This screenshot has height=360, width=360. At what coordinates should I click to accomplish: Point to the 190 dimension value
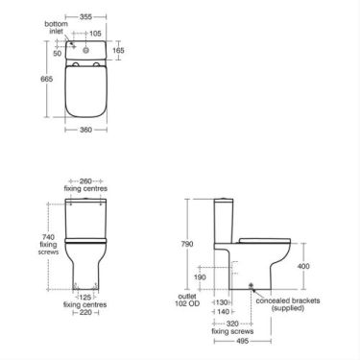(x=198, y=277)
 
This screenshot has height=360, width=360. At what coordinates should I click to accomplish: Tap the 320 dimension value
(x=233, y=324)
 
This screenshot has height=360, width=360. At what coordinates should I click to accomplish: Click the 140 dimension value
(x=223, y=312)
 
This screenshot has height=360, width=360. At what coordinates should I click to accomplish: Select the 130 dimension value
(x=223, y=300)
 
